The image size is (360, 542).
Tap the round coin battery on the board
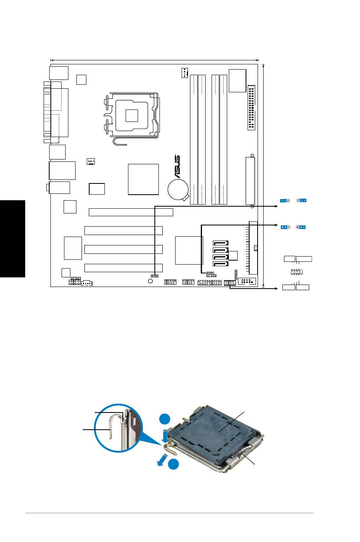point(178,189)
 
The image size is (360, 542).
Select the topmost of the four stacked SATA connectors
point(221,243)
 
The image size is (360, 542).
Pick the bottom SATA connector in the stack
point(221,264)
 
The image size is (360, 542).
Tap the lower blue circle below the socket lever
point(173,464)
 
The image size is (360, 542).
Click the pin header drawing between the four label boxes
point(296,272)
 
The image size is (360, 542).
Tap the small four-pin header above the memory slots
point(184,73)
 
